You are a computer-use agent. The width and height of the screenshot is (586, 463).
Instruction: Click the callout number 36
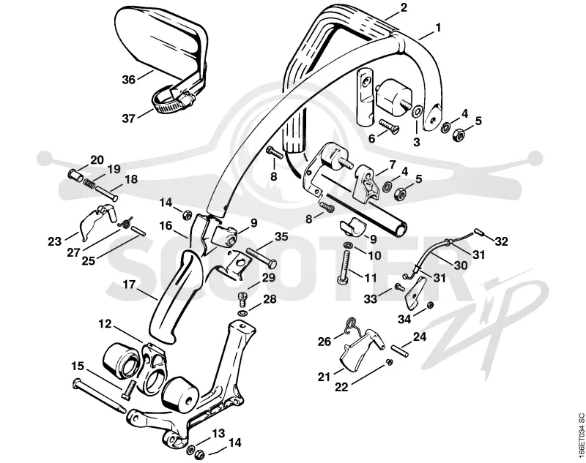[x=129, y=80]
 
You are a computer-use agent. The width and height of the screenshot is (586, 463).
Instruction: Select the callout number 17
[x=130, y=284]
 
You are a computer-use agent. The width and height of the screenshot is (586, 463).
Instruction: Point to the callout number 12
[x=105, y=324]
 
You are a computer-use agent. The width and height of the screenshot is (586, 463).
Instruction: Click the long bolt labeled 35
[x=262, y=257]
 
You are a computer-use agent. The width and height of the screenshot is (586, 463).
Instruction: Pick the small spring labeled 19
[x=89, y=183]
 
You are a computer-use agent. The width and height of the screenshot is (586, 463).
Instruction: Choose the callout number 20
[x=97, y=159]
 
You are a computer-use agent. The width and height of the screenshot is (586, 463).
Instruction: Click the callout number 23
[x=54, y=241]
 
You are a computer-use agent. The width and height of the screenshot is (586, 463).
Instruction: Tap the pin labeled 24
[x=398, y=350]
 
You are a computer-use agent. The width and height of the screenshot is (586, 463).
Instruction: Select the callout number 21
[x=324, y=377]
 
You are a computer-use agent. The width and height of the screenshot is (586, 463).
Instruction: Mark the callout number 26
[x=324, y=341]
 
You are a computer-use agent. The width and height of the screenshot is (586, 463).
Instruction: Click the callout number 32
[x=501, y=241]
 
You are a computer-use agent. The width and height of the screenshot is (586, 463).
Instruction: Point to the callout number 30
[x=461, y=265]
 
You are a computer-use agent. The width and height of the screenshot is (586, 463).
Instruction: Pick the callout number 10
[x=374, y=255]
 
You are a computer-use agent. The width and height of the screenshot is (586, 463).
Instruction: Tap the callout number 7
[x=392, y=164]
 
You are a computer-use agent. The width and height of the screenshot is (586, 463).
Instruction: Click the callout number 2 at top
[x=404, y=7]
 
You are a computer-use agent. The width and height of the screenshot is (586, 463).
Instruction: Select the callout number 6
[x=371, y=138]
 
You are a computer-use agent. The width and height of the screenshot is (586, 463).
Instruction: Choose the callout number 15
[x=78, y=366]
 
